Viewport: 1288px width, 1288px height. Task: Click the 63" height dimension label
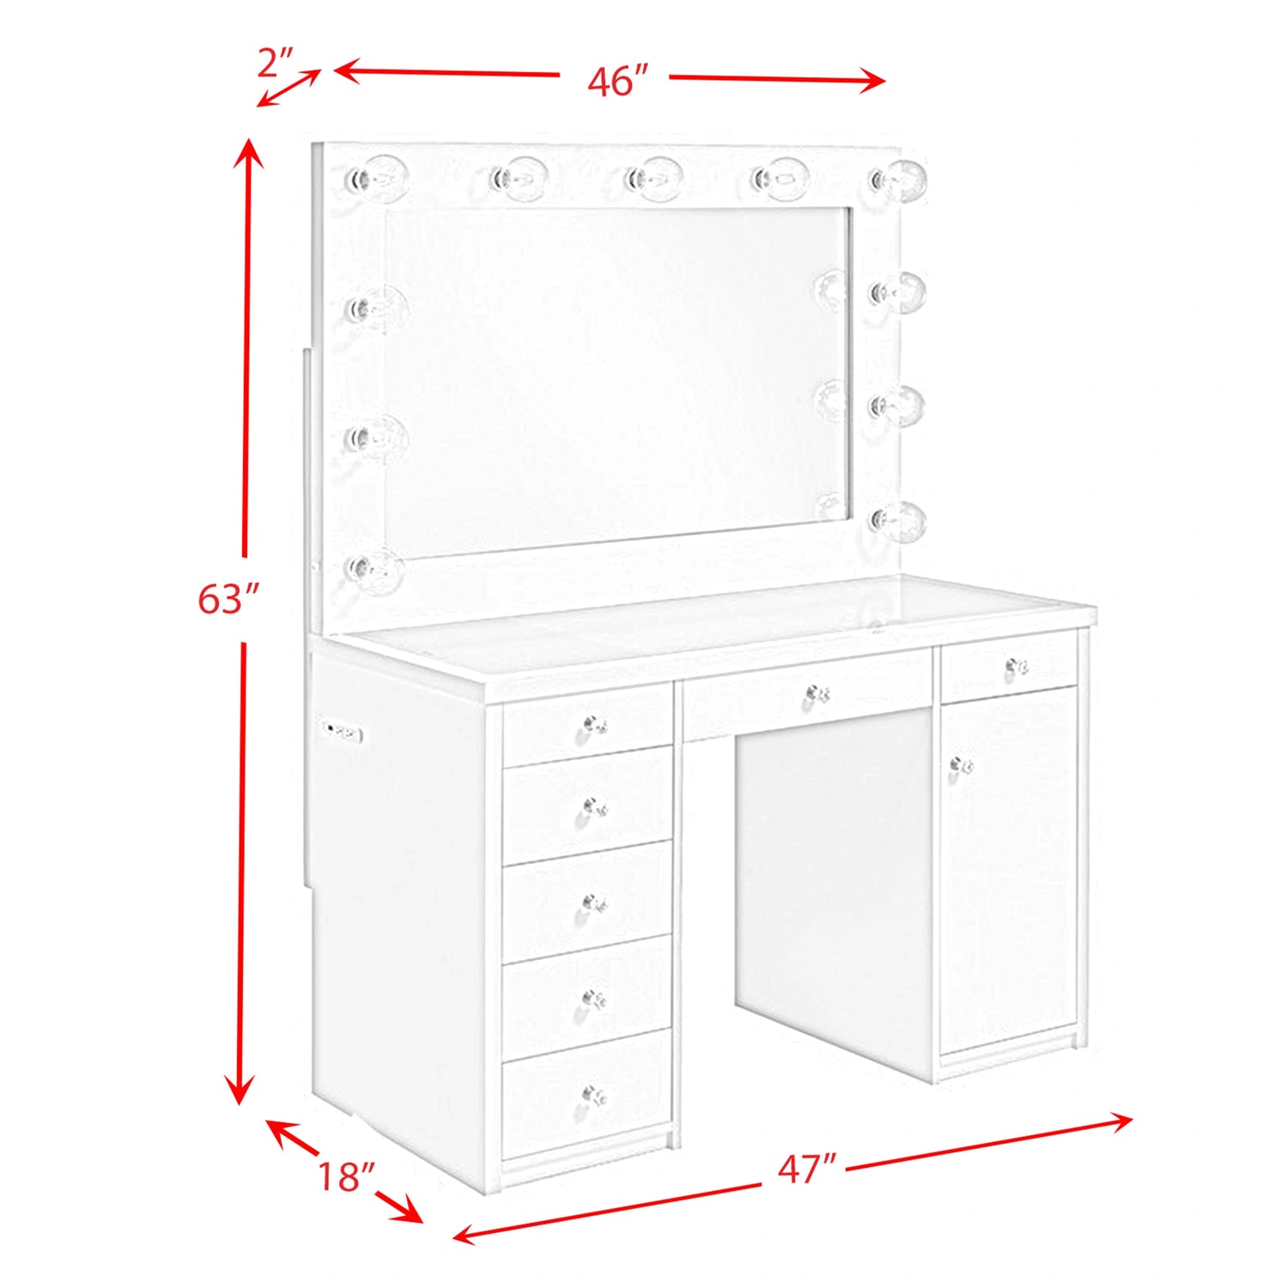(228, 598)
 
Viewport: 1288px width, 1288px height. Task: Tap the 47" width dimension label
(806, 1169)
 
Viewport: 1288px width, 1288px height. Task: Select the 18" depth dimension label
(347, 1176)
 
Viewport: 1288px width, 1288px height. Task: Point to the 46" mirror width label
(617, 80)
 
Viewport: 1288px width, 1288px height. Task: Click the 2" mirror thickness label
(276, 63)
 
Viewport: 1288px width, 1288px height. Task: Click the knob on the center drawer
(816, 694)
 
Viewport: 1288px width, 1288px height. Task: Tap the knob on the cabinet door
(961, 765)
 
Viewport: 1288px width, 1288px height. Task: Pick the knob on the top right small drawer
(1017, 666)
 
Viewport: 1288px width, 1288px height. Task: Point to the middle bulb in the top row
(653, 179)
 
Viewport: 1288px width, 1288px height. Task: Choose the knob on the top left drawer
(594, 726)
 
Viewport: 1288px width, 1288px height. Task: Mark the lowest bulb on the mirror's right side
(898, 519)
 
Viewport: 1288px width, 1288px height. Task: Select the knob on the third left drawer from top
(594, 903)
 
